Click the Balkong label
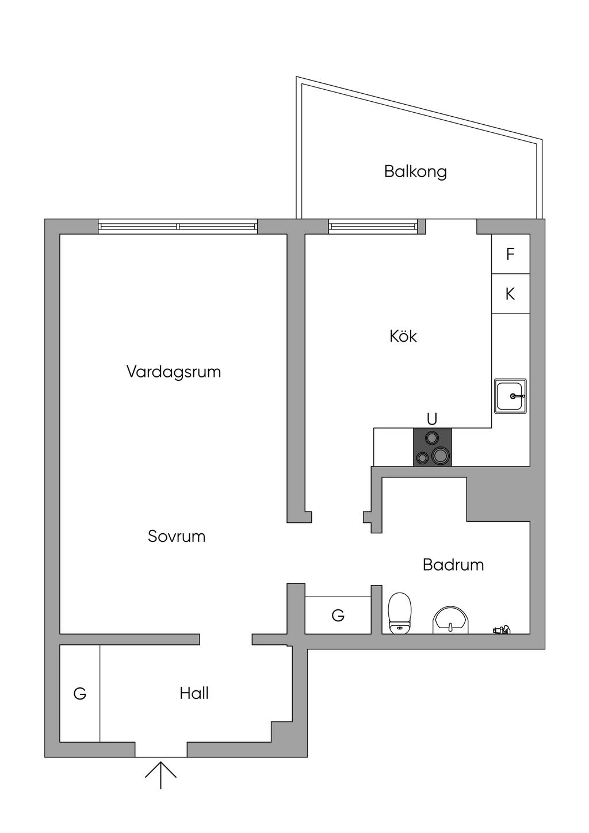415,171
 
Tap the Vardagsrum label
174,372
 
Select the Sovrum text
177,536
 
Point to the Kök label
403,336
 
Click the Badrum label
453,564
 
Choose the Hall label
194,693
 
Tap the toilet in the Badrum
400,613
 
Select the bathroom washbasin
451,620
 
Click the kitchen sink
510,396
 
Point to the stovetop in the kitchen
433,447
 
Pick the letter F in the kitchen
510,254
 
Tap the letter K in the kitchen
510,294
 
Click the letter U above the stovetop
432,419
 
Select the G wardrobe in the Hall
80,694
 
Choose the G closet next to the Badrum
338,616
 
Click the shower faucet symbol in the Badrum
502,630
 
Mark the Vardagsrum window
178,227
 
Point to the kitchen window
373,227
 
